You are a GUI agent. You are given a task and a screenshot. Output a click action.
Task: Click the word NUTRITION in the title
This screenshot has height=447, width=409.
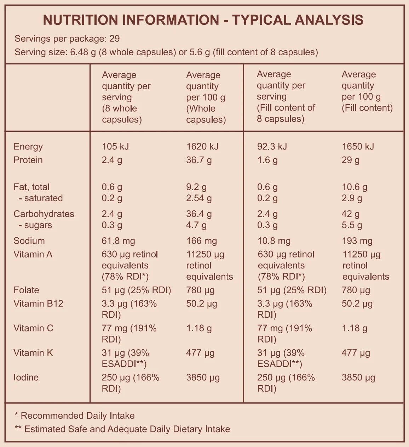click(x=81, y=20)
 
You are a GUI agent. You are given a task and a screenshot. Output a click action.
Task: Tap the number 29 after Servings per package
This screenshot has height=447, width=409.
click(x=115, y=39)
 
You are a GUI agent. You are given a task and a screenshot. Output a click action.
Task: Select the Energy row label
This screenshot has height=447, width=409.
click(x=28, y=146)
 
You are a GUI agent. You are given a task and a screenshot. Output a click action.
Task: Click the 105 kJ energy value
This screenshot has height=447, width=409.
click(x=115, y=146)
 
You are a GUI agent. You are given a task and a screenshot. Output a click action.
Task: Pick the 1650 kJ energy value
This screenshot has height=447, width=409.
click(x=358, y=146)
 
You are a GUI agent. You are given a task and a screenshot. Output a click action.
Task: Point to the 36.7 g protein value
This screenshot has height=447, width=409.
click(x=199, y=160)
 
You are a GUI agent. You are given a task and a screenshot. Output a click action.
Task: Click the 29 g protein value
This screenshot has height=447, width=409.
click(x=351, y=160)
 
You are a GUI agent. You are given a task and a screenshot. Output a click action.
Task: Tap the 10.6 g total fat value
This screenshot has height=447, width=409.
click(x=355, y=187)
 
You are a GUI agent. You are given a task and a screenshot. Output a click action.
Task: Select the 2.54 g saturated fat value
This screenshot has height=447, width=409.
click(x=199, y=198)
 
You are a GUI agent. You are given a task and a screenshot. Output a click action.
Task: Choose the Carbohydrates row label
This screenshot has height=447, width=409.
click(x=44, y=214)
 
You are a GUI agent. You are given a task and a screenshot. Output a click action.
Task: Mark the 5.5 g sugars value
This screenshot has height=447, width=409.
click(x=352, y=225)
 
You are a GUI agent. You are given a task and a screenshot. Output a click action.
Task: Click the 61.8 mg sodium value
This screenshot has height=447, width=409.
click(x=118, y=241)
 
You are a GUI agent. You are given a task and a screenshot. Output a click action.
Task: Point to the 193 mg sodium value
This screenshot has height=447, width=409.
click(x=357, y=241)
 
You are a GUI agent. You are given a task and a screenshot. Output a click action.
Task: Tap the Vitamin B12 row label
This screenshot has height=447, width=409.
click(x=38, y=304)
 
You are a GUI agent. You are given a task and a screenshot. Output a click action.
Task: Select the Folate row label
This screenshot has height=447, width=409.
click(x=26, y=290)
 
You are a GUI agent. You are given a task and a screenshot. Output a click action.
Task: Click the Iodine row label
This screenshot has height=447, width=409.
click(x=26, y=377)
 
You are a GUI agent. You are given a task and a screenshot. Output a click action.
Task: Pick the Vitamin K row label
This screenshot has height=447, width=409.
click(x=33, y=353)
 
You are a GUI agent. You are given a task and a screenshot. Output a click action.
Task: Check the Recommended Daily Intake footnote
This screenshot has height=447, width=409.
click(x=75, y=415)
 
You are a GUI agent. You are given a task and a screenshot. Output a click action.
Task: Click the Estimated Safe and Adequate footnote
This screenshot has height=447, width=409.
click(x=122, y=429)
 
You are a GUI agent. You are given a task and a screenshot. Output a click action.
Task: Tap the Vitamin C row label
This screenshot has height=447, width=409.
click(x=33, y=328)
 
